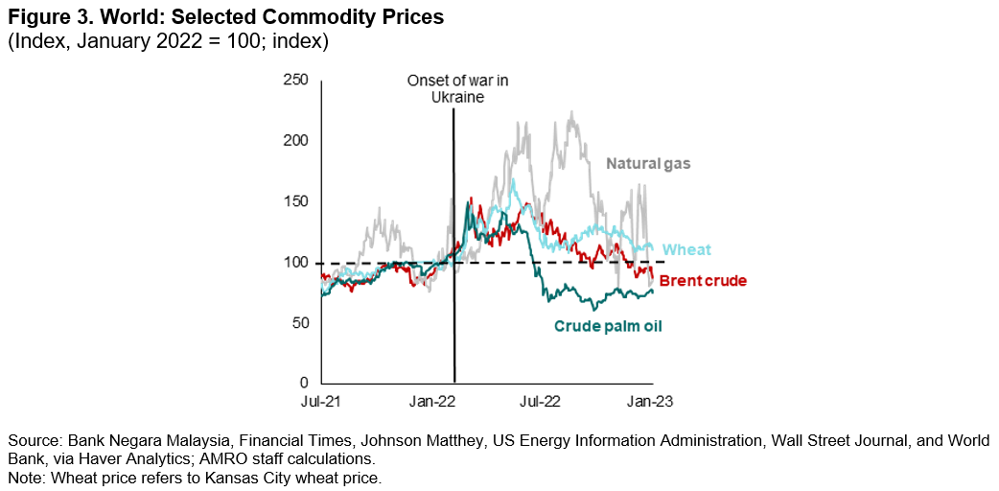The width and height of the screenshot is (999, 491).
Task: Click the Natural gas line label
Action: [648, 164]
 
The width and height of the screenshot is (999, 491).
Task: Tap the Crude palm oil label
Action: [608, 326]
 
